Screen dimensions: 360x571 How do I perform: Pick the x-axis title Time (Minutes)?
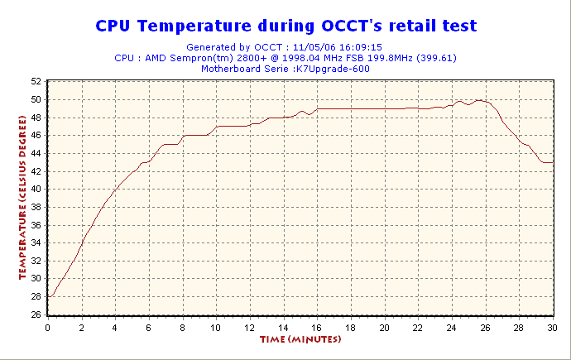coord(300,339)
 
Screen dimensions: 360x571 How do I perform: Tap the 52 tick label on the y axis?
coord(36,81)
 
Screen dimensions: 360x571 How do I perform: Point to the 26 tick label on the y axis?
coord(36,314)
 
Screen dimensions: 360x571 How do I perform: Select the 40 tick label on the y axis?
coord(36,189)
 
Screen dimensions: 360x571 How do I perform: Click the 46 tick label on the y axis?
coord(36,135)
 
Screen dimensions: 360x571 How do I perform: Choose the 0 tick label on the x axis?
coord(48,327)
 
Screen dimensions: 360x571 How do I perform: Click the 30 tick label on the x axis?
coord(553,327)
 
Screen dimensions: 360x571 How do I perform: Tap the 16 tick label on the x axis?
coord(317,327)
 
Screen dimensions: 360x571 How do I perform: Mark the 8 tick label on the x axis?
coord(183,327)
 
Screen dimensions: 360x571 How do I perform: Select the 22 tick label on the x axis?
coord(418,327)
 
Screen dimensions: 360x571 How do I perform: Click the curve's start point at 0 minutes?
coord(48,296)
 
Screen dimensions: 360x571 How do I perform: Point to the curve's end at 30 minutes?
coord(553,162)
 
